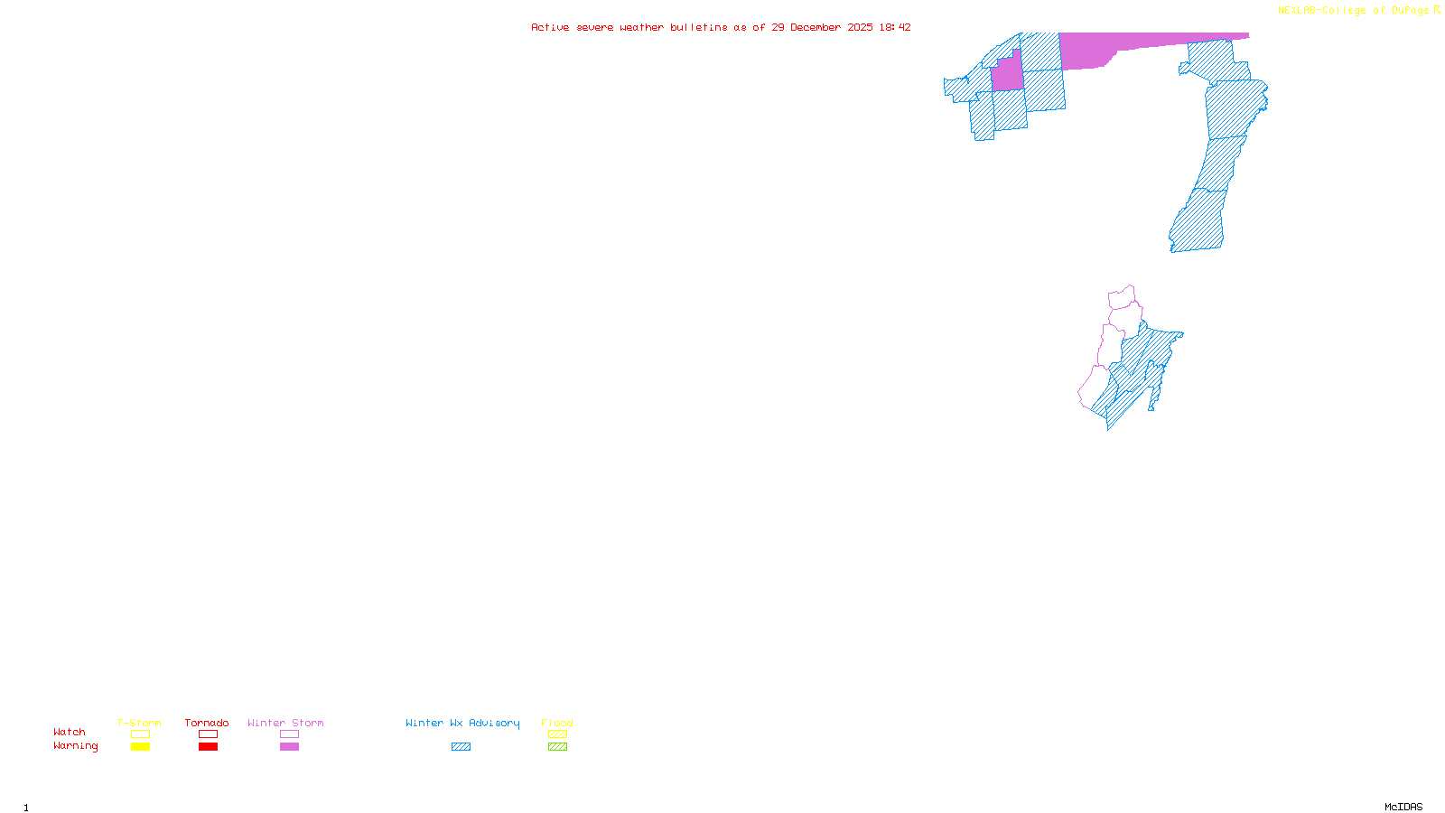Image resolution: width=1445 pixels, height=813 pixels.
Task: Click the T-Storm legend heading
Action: point(139,723)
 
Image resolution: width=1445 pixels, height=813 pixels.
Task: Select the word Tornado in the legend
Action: point(207,723)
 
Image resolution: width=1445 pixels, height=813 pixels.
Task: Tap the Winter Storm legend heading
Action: point(285,723)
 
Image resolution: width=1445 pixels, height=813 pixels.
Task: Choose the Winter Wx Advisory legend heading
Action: point(462,723)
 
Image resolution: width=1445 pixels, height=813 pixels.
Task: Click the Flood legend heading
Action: point(557,723)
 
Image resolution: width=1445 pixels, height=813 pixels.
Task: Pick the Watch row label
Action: point(70,732)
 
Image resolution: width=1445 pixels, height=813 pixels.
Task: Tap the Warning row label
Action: point(76,746)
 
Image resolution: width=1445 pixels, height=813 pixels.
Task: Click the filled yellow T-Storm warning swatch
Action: point(140,747)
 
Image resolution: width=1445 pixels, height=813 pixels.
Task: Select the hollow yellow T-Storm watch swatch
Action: point(140,734)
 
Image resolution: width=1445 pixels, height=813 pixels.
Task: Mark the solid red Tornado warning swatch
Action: point(208,747)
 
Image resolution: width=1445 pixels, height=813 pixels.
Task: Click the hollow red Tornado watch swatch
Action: point(208,734)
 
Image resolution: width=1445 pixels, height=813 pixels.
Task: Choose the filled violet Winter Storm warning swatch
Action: point(289,747)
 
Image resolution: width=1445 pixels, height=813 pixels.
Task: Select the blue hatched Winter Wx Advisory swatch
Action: point(461,747)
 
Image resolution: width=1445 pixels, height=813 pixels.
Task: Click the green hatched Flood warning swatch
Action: point(557,747)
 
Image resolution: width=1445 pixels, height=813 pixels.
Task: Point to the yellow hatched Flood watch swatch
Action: point(557,734)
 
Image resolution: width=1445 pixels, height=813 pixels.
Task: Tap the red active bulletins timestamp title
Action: point(721,27)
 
